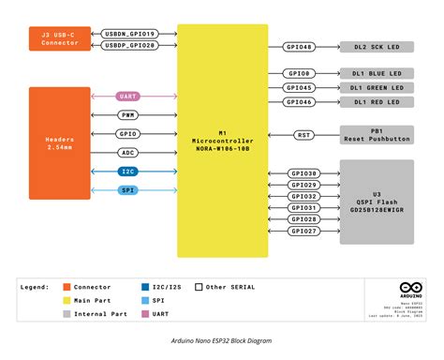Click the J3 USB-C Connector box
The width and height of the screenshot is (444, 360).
tap(60, 38)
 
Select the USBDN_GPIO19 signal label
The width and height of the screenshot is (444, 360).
tap(130, 34)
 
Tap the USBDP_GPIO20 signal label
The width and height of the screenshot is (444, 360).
tap(130, 45)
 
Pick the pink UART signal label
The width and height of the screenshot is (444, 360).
tap(129, 96)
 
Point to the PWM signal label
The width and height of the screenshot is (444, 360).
tap(129, 114)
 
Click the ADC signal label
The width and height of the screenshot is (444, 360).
tap(129, 152)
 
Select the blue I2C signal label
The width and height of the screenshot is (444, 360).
tap(129, 172)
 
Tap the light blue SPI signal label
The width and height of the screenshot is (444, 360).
tap(129, 190)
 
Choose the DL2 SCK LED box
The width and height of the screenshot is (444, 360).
tap(377, 47)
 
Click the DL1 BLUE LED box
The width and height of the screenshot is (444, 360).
tap(377, 74)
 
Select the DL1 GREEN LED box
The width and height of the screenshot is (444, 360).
tap(377, 88)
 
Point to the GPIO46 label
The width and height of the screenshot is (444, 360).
tap(301, 101)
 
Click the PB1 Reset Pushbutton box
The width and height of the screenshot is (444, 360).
tap(377, 135)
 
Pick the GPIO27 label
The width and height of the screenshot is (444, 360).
tap(303, 230)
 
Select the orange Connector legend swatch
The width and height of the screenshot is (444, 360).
tap(67, 287)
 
